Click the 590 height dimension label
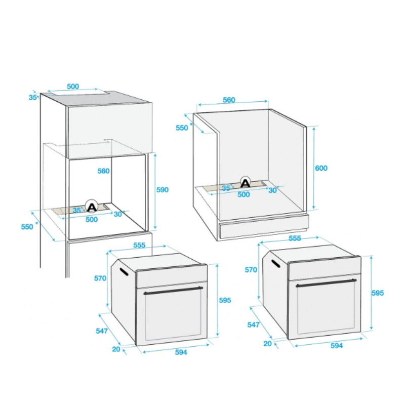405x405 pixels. coord(163,189)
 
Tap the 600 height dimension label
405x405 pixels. coord(321,168)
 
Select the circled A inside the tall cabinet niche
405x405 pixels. coord(92,207)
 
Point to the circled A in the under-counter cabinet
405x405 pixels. coord(246,183)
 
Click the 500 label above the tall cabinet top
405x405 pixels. coord(73,86)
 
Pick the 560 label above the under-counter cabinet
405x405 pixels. coord(229,100)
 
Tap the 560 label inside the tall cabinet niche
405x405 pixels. coord(103,171)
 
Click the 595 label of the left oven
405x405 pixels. coord(225,300)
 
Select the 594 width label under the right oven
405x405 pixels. coord(337,346)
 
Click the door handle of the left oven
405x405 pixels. coord(173,291)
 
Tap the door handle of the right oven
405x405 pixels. coord(326,283)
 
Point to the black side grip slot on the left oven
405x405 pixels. coord(124,272)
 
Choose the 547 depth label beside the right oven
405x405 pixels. coord(253,325)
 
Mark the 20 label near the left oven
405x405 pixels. coord(116,349)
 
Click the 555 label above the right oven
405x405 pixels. coord(295,238)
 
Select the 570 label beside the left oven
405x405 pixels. coord(100,278)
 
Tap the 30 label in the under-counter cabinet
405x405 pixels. coord(272,190)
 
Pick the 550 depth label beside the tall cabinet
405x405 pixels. coord(27,227)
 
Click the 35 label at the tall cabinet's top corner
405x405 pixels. coord(32,97)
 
